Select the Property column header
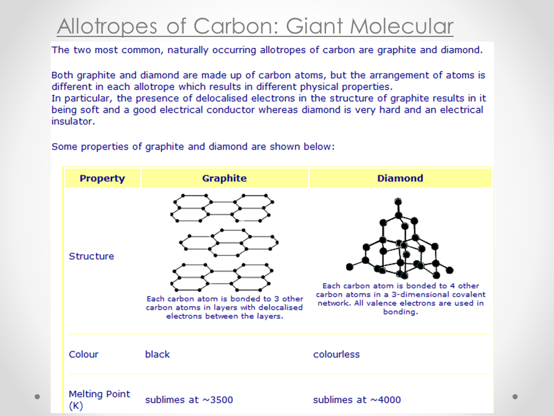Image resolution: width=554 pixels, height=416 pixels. coord(102,179)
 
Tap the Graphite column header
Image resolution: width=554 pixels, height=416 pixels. coord(224,178)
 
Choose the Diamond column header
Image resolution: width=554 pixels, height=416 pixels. coord(400,178)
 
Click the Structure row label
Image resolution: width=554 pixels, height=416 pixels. coord(91,256)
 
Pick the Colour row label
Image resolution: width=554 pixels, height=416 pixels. coord(83,354)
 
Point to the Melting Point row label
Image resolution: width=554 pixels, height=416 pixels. coord(99,399)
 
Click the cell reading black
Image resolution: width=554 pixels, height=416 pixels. coord(157,354)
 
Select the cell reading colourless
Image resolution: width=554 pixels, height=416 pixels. coord(336,354)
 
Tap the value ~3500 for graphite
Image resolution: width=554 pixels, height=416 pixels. coord(218,400)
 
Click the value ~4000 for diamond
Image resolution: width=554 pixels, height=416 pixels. coord(385,400)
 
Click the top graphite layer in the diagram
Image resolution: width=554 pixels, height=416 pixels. coord(222,208)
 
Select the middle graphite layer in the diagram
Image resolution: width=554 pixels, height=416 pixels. coord(229,242)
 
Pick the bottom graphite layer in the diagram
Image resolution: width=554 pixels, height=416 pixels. coord(222,277)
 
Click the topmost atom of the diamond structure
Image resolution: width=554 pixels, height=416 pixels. coord(398,201)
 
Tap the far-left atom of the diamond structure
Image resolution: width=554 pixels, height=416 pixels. coord(350,267)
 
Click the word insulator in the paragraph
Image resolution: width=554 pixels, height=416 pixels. coord(73,121)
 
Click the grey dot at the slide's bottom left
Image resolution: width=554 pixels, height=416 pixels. coord(37,396)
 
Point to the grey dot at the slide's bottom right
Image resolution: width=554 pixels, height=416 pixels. coord(515,396)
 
